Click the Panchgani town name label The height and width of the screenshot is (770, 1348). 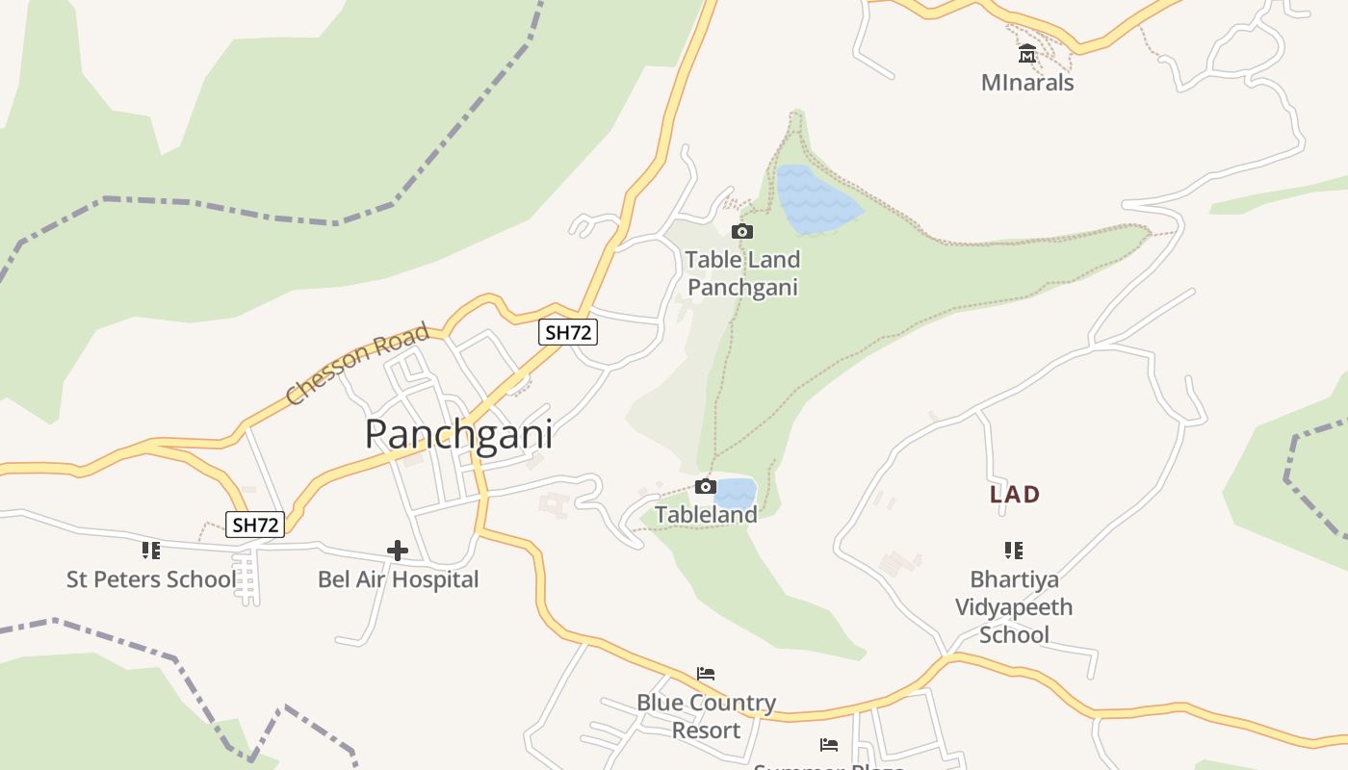(458, 435)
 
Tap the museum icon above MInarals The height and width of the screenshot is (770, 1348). (1027, 54)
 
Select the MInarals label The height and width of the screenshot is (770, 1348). (1027, 83)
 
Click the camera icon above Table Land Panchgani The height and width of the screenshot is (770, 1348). (741, 231)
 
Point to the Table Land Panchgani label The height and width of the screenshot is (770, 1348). (742, 273)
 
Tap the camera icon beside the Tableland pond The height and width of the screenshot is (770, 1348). (705, 486)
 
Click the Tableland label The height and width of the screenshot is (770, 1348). (706, 515)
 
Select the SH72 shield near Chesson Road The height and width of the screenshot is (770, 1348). (567, 332)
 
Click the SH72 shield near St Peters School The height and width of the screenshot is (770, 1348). (256, 525)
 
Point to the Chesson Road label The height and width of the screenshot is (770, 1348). (357, 365)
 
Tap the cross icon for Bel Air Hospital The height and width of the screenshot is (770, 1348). (397, 551)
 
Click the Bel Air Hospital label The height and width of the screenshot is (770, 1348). (398, 579)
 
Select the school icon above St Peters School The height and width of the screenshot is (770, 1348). (150, 551)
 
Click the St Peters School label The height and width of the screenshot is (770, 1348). (150, 579)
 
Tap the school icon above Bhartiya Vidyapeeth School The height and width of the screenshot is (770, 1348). (1013, 551)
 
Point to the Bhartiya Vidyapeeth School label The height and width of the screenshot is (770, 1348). (1014, 607)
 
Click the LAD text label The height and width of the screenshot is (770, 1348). (1015, 495)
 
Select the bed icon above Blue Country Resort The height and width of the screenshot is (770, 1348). (706, 674)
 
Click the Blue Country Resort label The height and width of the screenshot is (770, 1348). (706, 716)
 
